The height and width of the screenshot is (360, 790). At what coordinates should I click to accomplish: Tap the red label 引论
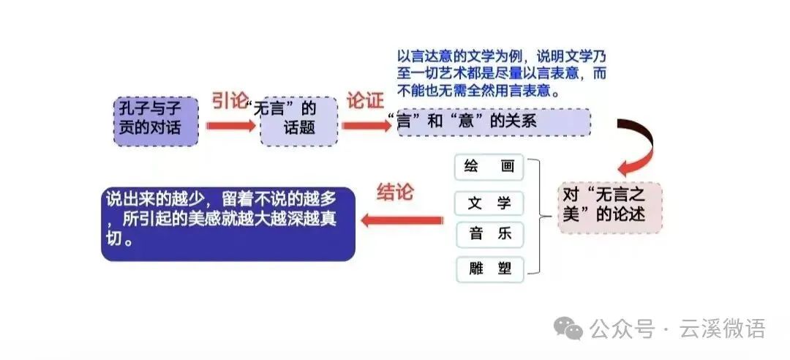coord(230,101)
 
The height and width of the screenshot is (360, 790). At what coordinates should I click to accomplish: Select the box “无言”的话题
coord(298,121)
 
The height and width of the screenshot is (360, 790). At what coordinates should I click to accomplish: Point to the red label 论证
coord(364,100)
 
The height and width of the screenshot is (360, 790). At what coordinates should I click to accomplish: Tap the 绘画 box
coord(489,166)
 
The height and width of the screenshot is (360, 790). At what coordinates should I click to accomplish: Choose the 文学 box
coord(489,203)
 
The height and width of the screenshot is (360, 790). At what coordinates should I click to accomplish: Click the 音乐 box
coord(489,235)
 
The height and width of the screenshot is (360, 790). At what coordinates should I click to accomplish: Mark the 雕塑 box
coord(489,269)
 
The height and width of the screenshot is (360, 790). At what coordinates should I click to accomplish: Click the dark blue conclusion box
coord(228,224)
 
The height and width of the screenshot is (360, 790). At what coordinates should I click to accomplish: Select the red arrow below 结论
coord(402,220)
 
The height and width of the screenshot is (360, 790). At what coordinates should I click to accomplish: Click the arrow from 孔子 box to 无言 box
coord(230,126)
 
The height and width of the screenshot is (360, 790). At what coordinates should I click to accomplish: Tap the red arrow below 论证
coord(366,125)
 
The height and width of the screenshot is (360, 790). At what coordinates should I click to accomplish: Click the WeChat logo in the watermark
coord(568,329)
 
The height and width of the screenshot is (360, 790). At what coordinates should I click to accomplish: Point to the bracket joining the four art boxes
coord(540,217)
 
